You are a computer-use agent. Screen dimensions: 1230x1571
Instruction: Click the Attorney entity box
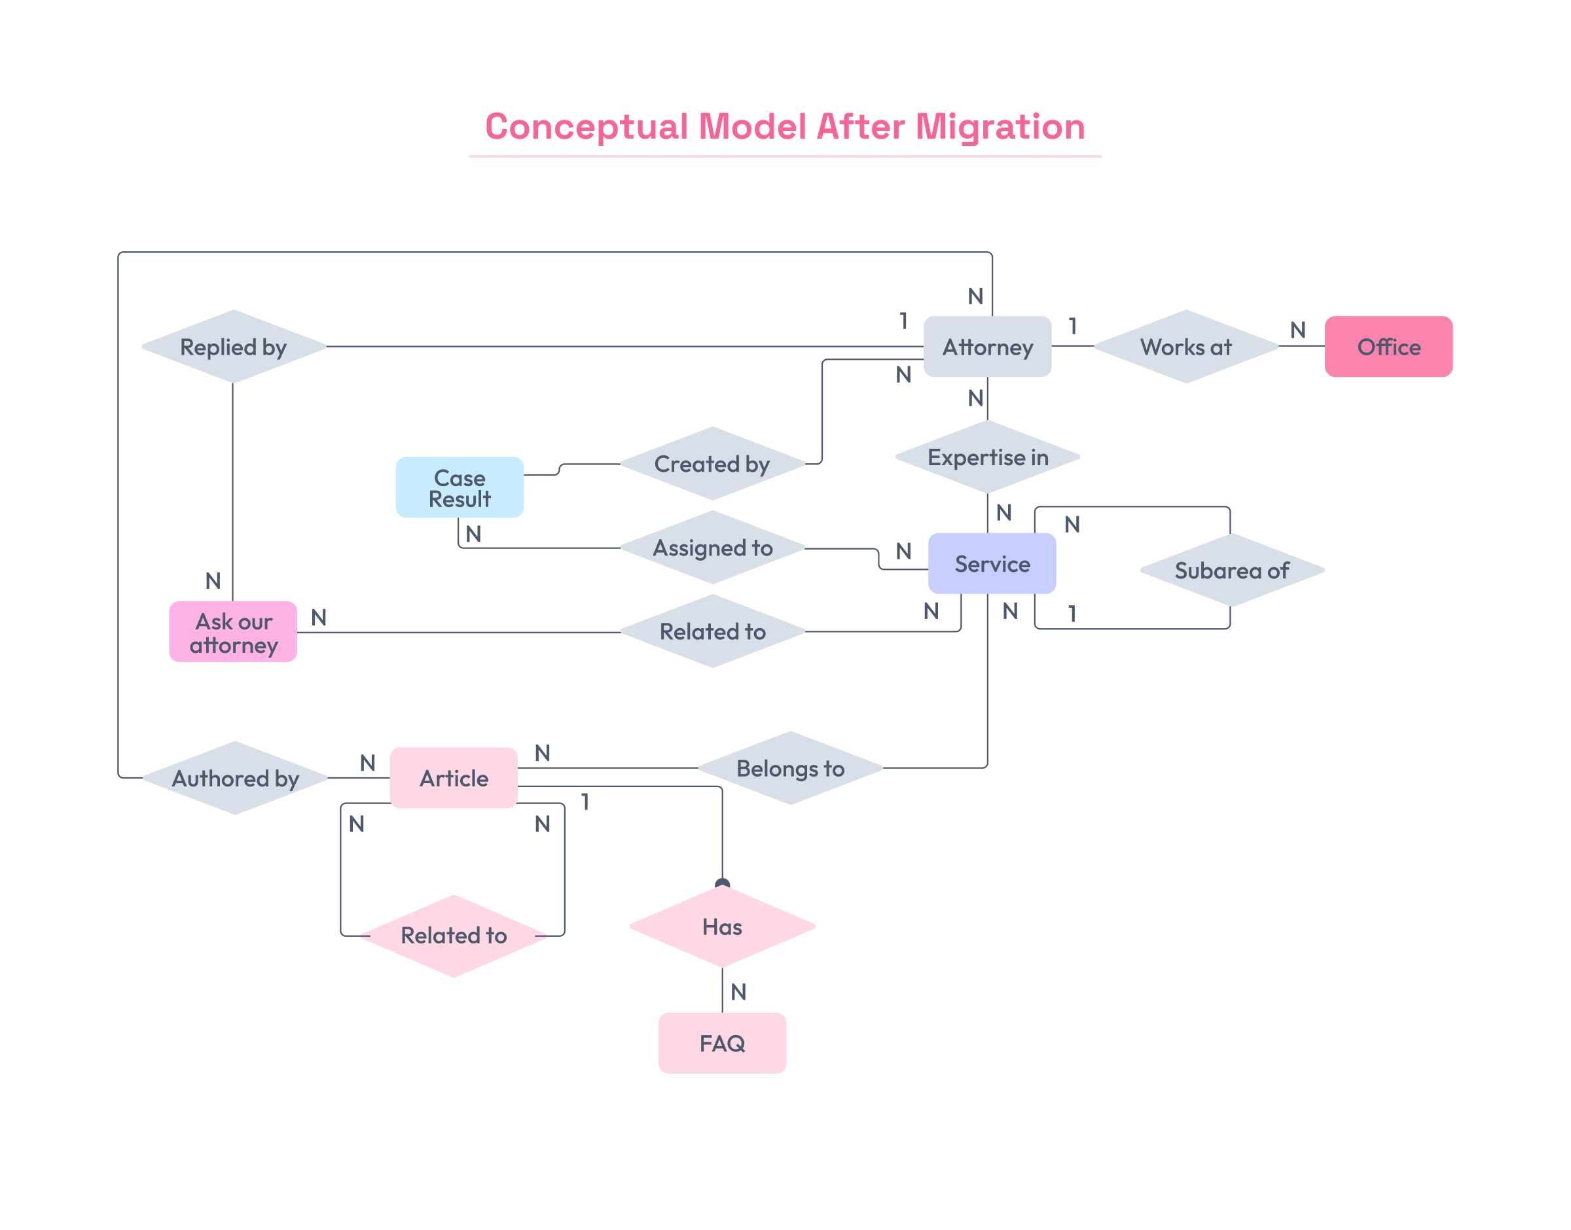click(987, 346)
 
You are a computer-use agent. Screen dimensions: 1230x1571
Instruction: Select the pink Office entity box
click(1388, 346)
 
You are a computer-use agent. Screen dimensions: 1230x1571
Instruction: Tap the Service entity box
click(992, 563)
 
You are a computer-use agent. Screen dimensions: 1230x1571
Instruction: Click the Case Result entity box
click(460, 487)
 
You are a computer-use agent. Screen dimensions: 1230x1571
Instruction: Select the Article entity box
click(454, 778)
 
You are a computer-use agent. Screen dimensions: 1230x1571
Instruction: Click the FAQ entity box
click(722, 1043)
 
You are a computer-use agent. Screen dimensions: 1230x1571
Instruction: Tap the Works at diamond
click(1185, 346)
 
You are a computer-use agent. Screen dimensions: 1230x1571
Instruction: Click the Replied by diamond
click(234, 346)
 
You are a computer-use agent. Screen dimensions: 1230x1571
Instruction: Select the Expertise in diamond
click(987, 457)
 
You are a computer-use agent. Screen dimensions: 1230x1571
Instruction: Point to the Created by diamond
click(712, 463)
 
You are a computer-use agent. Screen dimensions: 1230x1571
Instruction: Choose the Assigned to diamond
click(712, 548)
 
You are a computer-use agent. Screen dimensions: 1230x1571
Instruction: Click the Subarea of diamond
click(1232, 570)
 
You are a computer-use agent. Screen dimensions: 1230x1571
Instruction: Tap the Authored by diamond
click(235, 778)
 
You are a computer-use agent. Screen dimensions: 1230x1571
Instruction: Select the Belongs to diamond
click(790, 767)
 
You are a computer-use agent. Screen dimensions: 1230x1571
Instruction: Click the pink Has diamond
click(722, 926)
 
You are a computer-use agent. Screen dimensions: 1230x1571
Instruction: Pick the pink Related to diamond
click(454, 935)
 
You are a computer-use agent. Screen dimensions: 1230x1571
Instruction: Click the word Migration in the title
click(1000, 127)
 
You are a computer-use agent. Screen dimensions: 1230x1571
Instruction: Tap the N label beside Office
click(1297, 330)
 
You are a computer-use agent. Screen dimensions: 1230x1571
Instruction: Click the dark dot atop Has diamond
click(722, 884)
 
